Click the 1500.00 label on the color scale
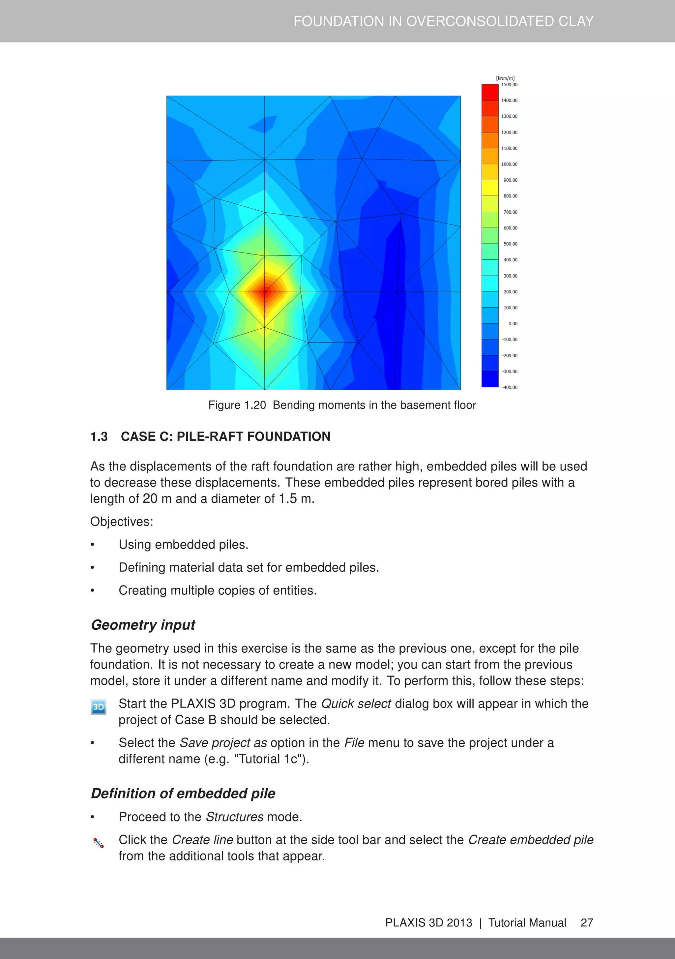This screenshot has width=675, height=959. [x=509, y=85]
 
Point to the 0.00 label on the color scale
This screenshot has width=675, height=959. [x=513, y=324]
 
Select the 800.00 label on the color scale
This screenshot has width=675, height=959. [x=510, y=196]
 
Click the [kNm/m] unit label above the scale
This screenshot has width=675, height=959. [x=505, y=78]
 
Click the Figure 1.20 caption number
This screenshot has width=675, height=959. [x=237, y=405]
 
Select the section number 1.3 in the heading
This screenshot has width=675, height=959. [x=99, y=436]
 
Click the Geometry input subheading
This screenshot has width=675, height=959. [x=143, y=625]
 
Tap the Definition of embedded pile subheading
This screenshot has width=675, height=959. [x=183, y=794]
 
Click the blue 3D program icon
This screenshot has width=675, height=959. [x=99, y=707]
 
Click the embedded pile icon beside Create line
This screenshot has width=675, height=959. [x=99, y=843]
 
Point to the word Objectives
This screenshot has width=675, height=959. [x=122, y=522]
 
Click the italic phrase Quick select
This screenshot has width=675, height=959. [x=356, y=704]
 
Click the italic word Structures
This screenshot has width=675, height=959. [x=235, y=817]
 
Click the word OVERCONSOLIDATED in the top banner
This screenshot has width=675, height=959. [x=480, y=21]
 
